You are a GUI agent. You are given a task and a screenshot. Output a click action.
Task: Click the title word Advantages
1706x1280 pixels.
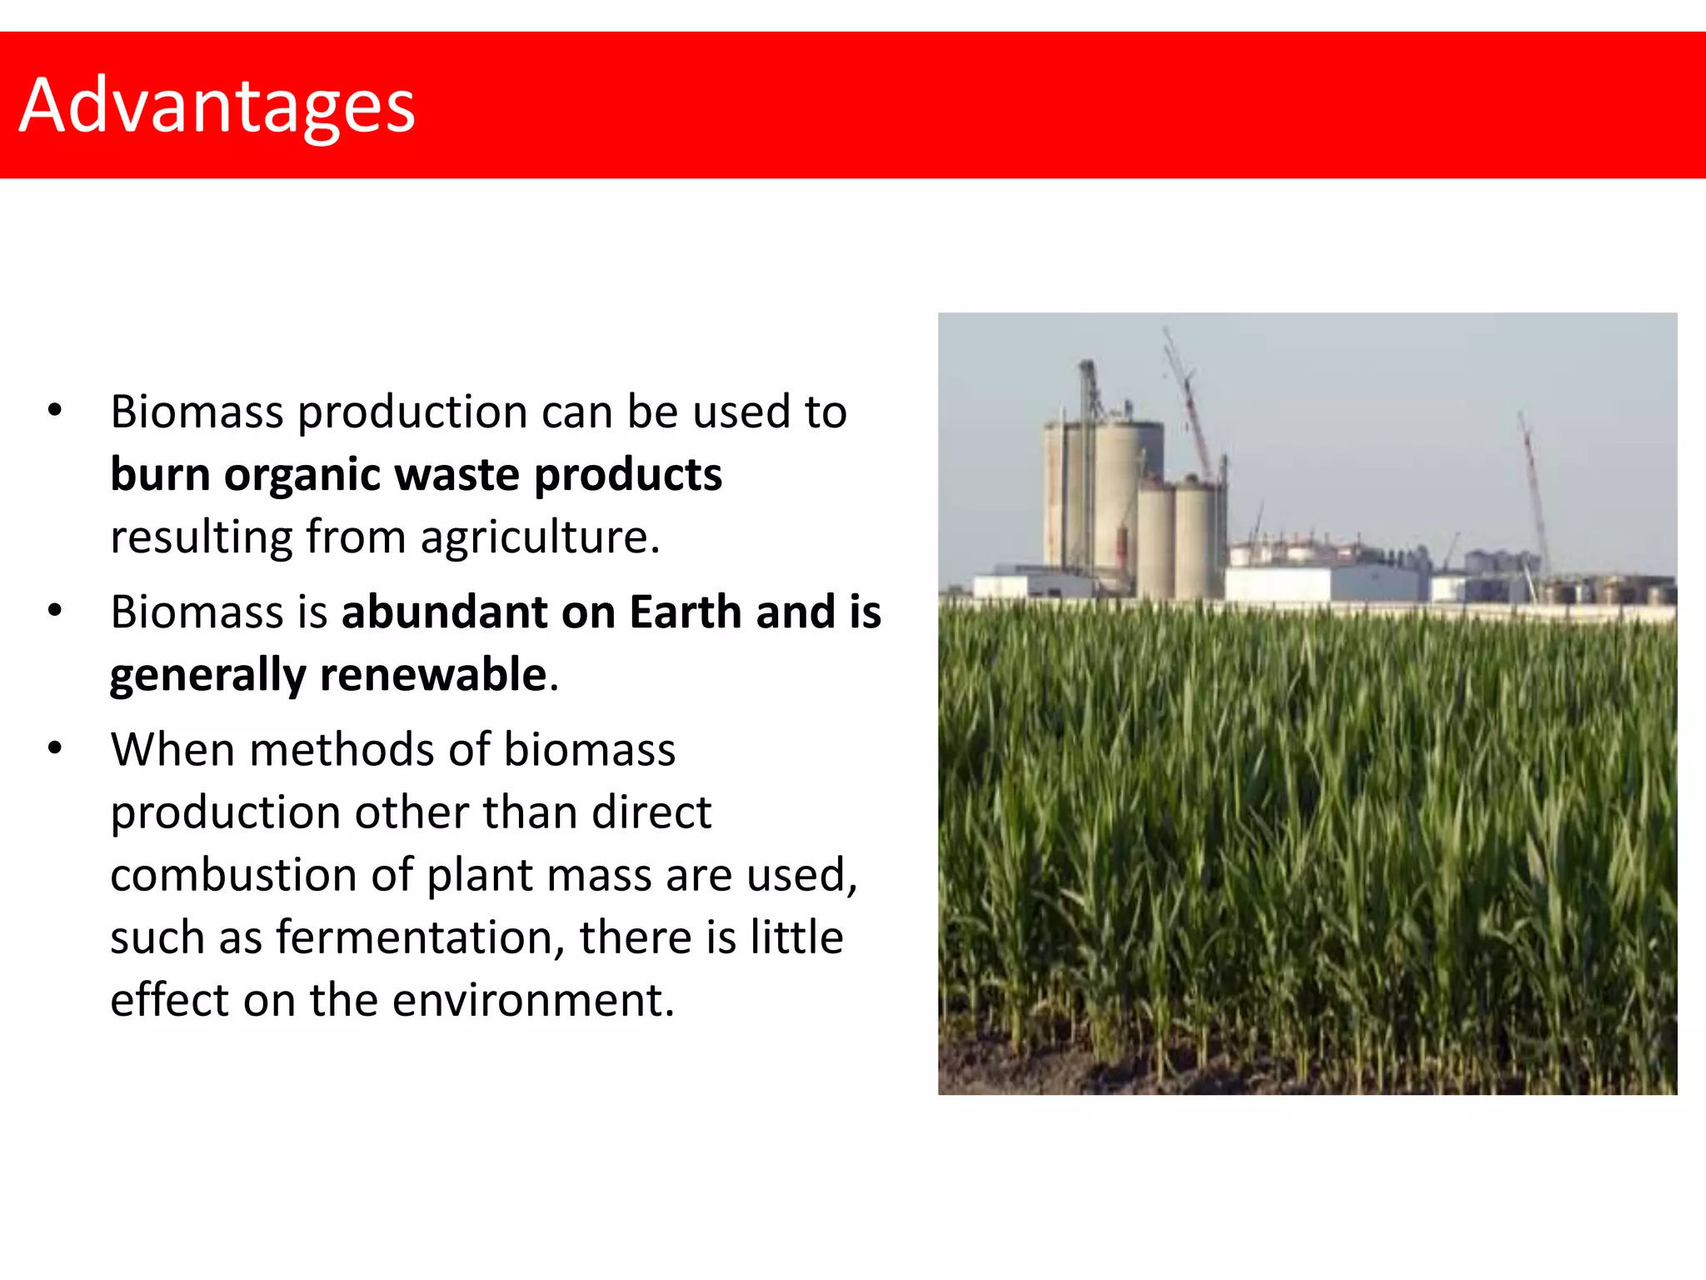coord(217,106)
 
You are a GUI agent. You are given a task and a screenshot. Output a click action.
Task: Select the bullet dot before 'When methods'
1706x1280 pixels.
coord(55,747)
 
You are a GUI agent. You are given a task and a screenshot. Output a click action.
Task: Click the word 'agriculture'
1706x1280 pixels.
coord(533,537)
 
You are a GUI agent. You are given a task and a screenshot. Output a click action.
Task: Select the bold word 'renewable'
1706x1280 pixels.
coord(433,674)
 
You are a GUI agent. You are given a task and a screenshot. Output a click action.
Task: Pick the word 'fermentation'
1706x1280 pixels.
coord(414,937)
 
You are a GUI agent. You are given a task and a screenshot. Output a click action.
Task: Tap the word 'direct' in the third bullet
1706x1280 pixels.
coord(651,812)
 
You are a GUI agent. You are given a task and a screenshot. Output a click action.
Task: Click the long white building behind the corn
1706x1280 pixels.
coord(1324,582)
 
